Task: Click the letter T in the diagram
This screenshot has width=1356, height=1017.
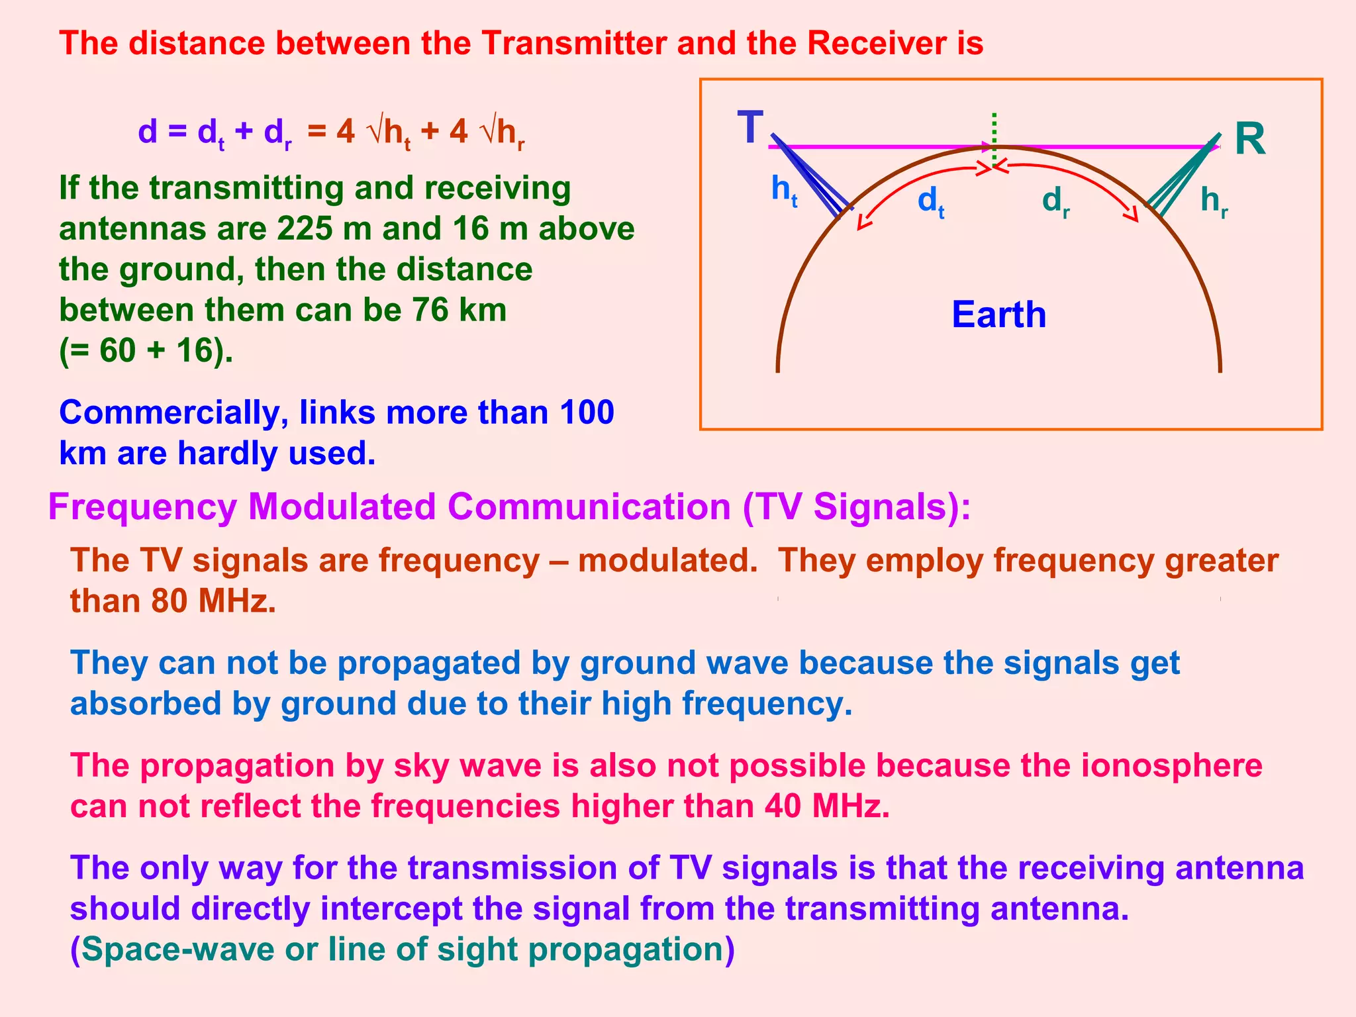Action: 750,128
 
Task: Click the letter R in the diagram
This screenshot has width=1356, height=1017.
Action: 1249,140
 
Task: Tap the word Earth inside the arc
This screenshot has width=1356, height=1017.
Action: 998,315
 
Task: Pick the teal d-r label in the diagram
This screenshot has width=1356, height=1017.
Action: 1055,201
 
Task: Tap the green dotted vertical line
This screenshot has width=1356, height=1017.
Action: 994,132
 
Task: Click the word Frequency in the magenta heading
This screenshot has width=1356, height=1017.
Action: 142,508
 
